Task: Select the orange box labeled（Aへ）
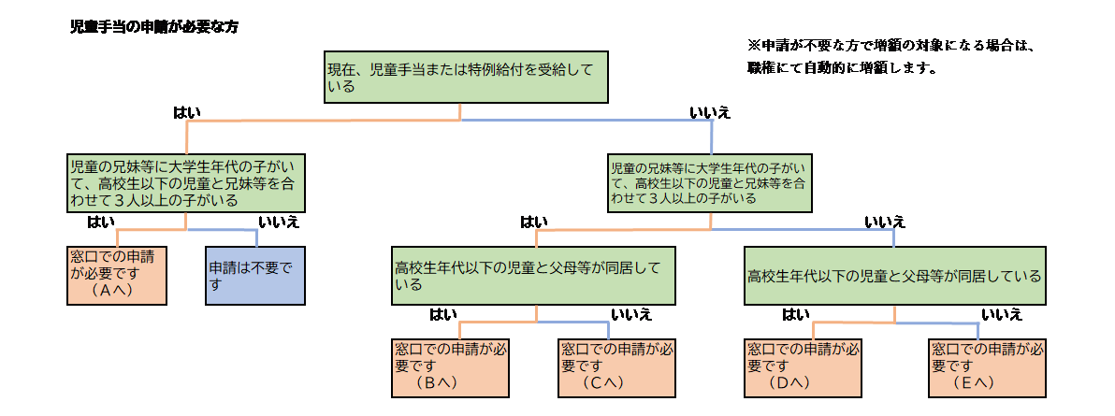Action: point(117,276)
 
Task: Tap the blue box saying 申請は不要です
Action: point(254,276)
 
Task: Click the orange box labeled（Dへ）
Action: point(804,367)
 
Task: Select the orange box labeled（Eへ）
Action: point(988,367)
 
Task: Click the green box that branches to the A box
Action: point(186,183)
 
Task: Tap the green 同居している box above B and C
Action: point(533,276)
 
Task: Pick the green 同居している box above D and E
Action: point(894,276)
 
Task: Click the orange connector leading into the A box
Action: point(140,229)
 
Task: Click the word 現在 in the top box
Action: point(340,69)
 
